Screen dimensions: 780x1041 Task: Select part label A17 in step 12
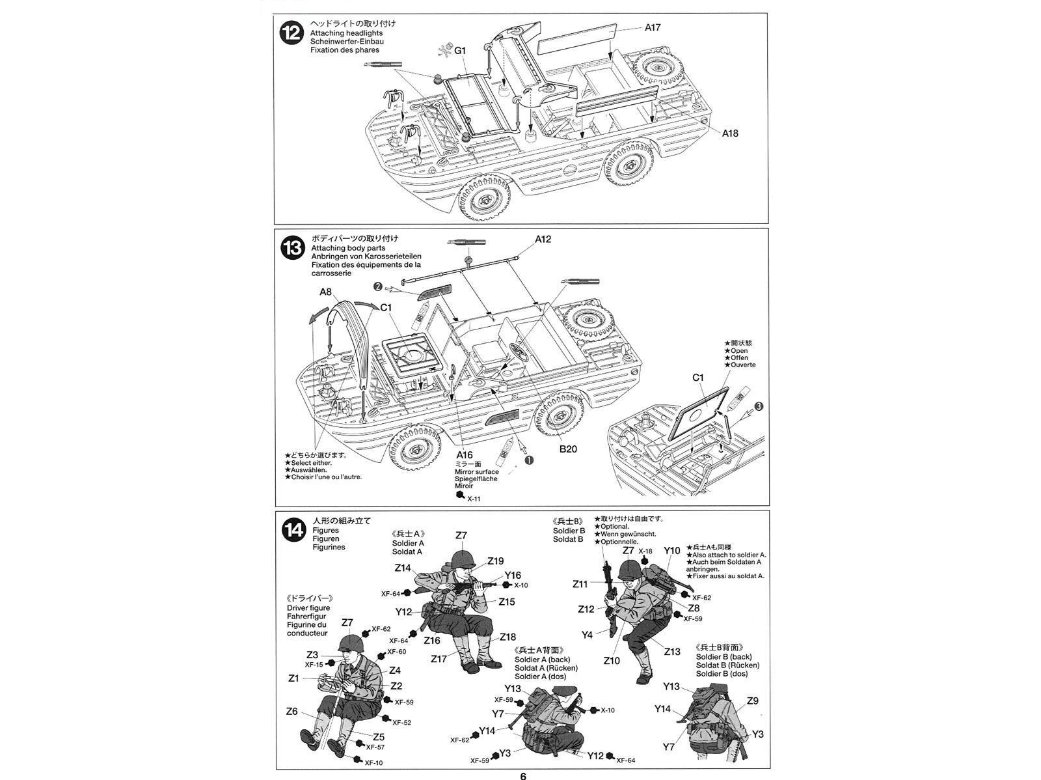tap(653, 27)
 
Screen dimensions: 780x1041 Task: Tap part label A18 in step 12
tap(729, 133)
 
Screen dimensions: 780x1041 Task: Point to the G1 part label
tap(460, 50)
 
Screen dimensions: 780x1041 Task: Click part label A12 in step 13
tap(543, 239)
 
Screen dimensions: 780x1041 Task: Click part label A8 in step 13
tap(326, 292)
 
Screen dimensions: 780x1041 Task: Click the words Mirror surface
tap(477, 471)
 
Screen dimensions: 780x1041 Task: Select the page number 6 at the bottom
tap(522, 775)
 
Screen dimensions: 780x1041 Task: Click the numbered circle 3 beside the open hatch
tap(759, 406)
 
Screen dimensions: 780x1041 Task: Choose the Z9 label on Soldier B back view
tap(752, 701)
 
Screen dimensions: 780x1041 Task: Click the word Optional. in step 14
tap(615, 526)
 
